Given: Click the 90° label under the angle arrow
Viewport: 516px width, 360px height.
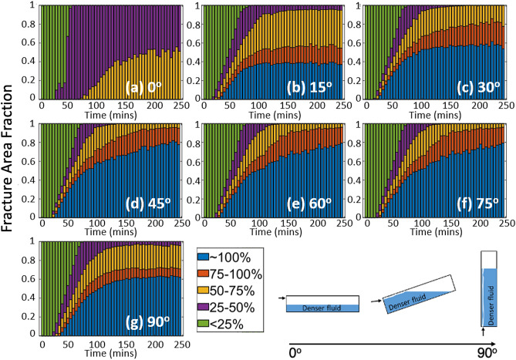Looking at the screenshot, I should [488, 349].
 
